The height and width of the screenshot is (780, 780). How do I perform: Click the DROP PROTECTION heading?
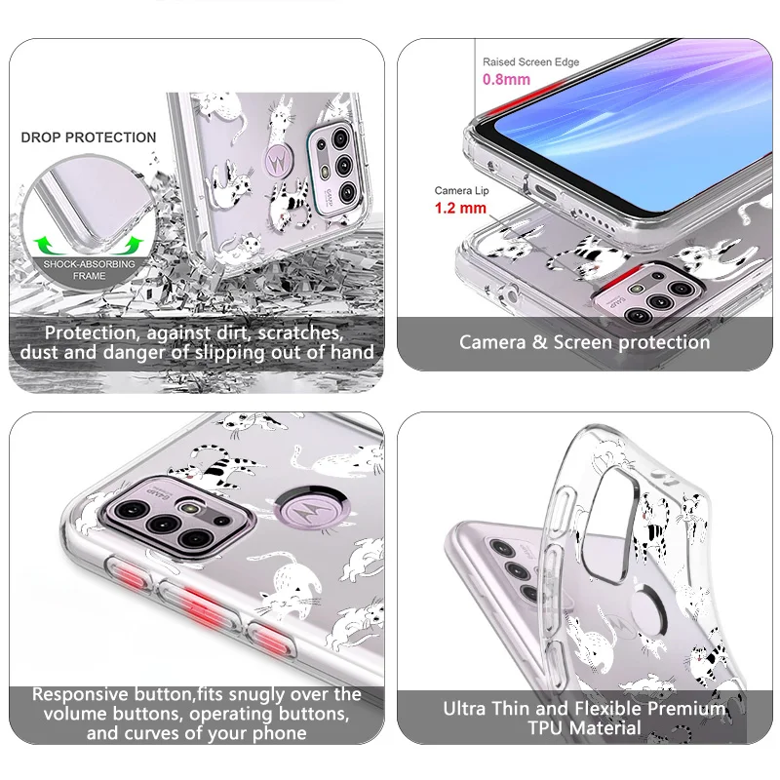[88, 137]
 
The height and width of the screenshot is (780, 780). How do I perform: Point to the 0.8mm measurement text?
[506, 78]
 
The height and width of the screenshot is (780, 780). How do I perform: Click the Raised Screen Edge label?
[531, 62]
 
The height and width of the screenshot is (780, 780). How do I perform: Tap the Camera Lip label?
[461, 191]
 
